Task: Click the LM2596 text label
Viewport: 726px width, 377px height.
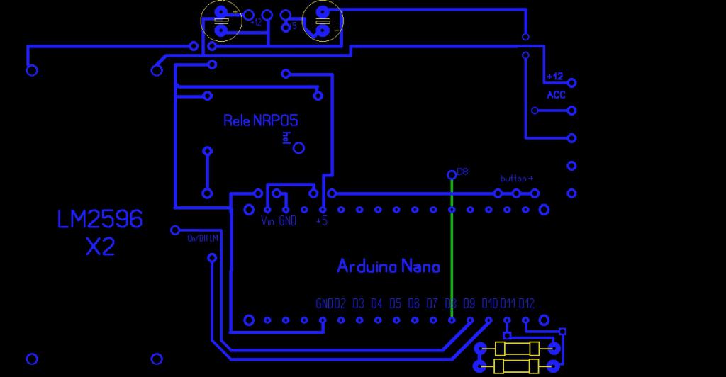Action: click(x=100, y=219)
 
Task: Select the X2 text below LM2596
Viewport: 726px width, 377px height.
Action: click(x=100, y=247)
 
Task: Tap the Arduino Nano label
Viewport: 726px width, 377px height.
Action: click(x=388, y=266)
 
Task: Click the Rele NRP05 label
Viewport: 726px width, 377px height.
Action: click(x=260, y=120)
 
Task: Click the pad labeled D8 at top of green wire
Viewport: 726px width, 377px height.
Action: click(x=452, y=174)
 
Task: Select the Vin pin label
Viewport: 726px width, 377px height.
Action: click(x=267, y=222)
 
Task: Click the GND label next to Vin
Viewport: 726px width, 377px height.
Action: click(x=287, y=222)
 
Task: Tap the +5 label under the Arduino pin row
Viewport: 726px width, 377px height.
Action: click(x=322, y=222)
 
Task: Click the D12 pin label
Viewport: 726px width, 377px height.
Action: click(x=526, y=304)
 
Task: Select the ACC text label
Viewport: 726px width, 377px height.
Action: click(x=556, y=95)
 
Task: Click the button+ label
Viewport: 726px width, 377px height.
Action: click(x=516, y=179)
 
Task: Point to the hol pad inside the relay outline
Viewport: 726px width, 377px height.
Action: click(x=298, y=148)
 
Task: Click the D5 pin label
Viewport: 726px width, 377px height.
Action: click(x=395, y=304)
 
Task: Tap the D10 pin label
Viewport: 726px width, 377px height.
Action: click(x=489, y=304)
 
